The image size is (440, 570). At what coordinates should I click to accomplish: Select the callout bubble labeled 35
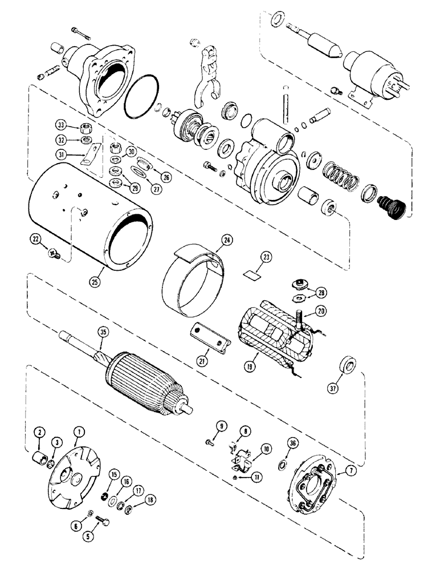coord(103,344)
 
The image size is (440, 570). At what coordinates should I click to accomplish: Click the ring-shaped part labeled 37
coord(345,365)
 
